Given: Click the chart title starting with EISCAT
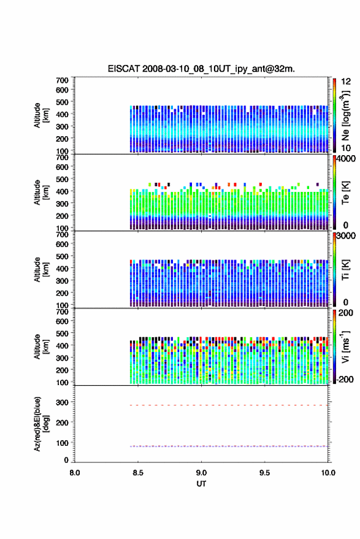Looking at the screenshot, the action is pos(201,69).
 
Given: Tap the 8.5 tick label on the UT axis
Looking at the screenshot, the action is pos(138,473).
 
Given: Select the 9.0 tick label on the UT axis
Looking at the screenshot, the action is pos(201,473).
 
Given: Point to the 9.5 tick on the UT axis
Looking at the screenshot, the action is pos(264,473).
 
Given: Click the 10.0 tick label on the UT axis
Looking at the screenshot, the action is pos(328,473).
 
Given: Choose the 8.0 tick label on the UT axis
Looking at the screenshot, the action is pos(75,473).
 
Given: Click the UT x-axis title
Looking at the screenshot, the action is pos(201,484).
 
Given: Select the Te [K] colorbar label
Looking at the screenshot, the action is pos(345,193).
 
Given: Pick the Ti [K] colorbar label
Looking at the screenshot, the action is pos(345,270).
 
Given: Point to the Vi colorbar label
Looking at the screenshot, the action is pos(345,346).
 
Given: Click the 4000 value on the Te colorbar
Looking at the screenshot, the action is pos(347,159).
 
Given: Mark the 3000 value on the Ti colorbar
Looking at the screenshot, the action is pos(347,236).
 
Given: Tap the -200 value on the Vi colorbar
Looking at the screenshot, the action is pos(345,380).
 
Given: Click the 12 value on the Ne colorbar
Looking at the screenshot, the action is pos(346,82).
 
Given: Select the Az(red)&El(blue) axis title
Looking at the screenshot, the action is pos(41,424).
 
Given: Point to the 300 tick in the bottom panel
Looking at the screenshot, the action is pos(62,402).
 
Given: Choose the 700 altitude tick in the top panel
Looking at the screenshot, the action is pos(62,80).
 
